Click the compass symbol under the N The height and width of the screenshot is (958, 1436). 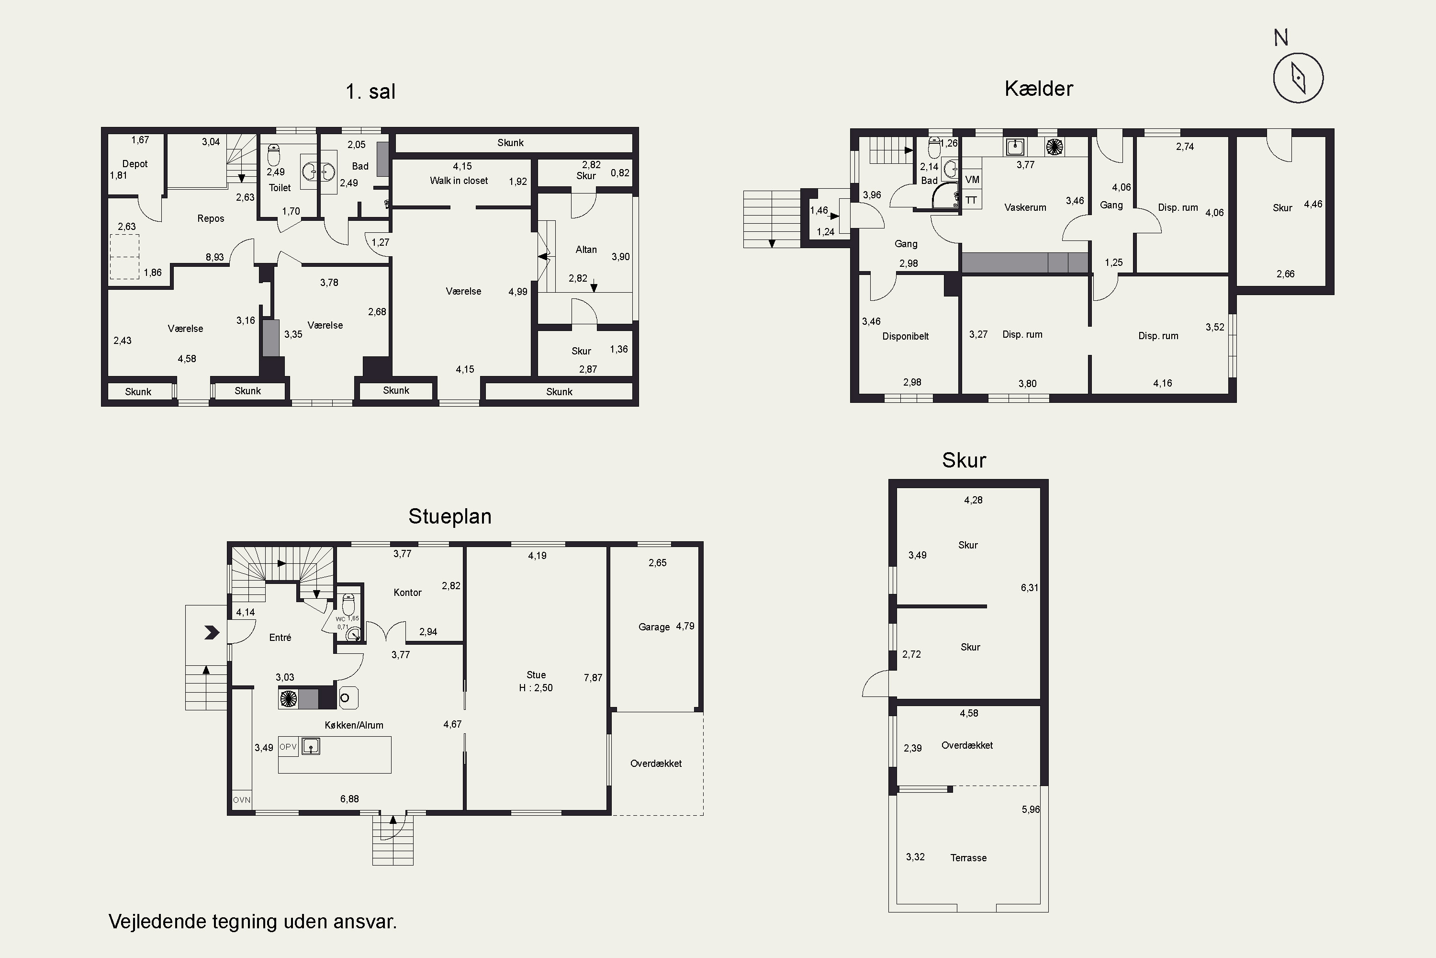pyautogui.click(x=1298, y=78)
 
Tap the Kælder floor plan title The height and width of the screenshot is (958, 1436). pyautogui.click(x=1039, y=89)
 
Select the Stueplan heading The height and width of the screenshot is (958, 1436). pyautogui.click(x=450, y=516)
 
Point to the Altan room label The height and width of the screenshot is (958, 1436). pyautogui.click(x=586, y=249)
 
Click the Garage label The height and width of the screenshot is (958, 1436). pyautogui.click(x=654, y=627)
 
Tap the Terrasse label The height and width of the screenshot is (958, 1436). pyautogui.click(x=968, y=858)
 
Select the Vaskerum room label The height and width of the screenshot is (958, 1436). pyautogui.click(x=1025, y=207)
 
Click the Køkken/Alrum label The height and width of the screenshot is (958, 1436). pyautogui.click(x=354, y=725)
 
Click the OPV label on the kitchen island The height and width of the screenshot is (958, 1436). pyautogui.click(x=288, y=747)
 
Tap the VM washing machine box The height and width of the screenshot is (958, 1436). pyautogui.click(x=972, y=180)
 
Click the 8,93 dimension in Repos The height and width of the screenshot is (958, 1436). pyautogui.click(x=215, y=257)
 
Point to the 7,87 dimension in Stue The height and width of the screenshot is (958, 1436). pyautogui.click(x=593, y=678)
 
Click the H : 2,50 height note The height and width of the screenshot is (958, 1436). pyautogui.click(x=536, y=688)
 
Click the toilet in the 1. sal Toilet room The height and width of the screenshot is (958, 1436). pyautogui.click(x=273, y=155)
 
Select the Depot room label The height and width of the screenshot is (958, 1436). pyautogui.click(x=135, y=164)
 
